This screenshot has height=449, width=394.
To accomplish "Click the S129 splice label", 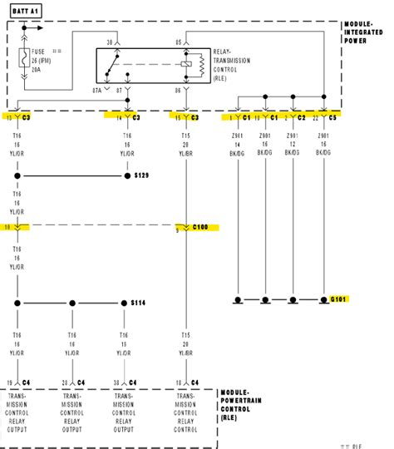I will click(x=142, y=175).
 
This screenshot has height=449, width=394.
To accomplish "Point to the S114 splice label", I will click(x=140, y=303).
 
